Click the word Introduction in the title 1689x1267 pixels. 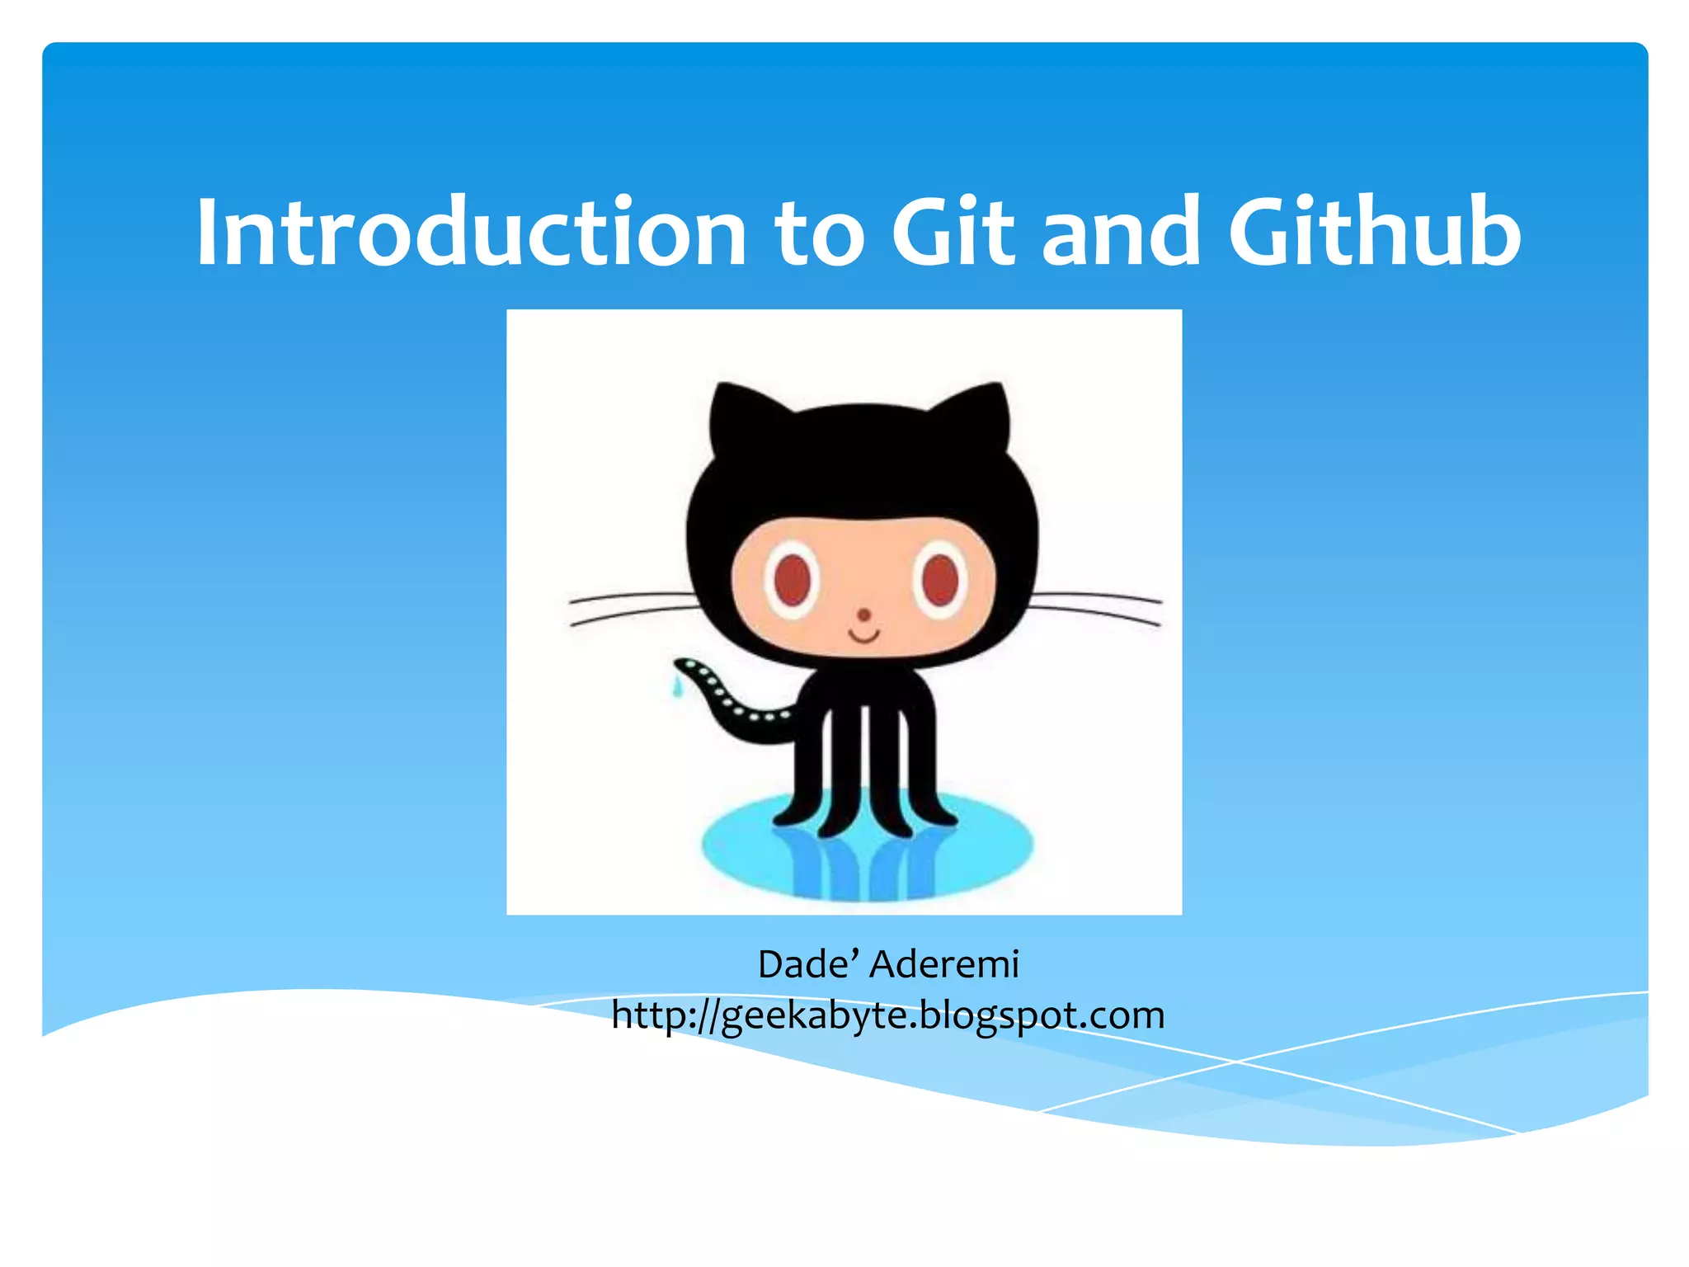tap(470, 233)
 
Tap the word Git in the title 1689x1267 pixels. tap(953, 233)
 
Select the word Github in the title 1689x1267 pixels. tap(1374, 233)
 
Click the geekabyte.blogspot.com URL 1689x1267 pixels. tap(888, 1015)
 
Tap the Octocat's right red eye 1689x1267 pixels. tap(939, 579)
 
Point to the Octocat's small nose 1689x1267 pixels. tap(863, 615)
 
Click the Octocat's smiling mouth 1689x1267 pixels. tap(864, 636)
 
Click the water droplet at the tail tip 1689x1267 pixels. tap(678, 686)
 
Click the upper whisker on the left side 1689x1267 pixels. tap(631, 596)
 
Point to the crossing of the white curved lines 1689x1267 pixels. tap(1235, 1062)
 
